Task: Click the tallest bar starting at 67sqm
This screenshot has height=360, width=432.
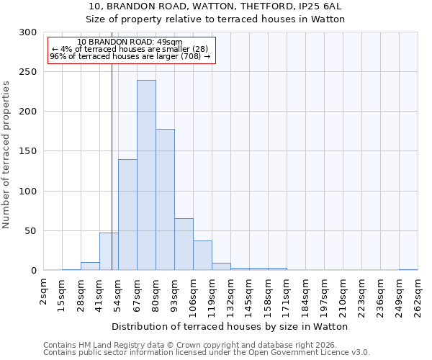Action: coord(146,175)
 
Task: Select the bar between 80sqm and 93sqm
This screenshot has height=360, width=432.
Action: coord(165,199)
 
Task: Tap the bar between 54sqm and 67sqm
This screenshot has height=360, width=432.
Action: coord(127,215)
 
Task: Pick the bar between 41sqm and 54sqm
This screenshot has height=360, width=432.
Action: coord(109,251)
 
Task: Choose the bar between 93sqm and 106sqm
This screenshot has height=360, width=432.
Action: coord(184,244)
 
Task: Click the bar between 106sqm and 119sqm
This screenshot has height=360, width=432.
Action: coord(202,256)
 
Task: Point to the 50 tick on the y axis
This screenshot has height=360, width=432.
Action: coord(31,231)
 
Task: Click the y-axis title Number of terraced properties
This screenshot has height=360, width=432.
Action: coord(6,155)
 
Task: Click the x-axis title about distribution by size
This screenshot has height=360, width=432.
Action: coord(230,326)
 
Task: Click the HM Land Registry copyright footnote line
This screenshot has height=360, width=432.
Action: coord(200,345)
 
